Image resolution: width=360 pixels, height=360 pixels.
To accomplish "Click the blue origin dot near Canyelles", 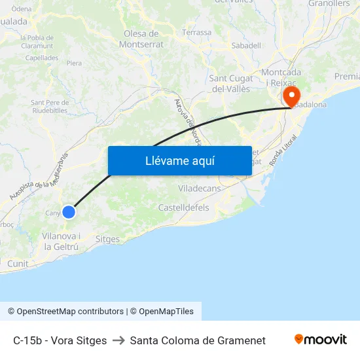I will point(69,212).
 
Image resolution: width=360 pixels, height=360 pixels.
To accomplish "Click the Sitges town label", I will point(107,240).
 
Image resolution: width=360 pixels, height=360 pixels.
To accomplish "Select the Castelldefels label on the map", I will point(183,207).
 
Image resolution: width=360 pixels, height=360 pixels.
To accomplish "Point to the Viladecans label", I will point(200,188).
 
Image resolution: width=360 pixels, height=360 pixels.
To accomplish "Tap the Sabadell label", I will point(246,46).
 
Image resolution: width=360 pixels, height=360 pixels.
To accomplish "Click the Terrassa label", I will point(197,32).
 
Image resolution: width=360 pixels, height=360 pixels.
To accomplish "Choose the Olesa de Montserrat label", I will point(141,39).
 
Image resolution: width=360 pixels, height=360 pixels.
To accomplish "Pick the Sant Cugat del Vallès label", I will point(231,84).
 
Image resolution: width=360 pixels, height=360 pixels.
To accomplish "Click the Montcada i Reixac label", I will point(281,77).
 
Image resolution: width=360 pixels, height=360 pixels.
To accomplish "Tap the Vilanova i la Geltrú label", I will point(62,242).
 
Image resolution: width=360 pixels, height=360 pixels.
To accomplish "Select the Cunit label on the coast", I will point(18,264).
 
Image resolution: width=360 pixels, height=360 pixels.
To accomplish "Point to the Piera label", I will point(74,63).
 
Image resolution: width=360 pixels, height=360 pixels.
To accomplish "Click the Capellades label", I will point(42,57).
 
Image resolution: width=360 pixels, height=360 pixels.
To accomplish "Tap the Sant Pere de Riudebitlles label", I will point(50,107).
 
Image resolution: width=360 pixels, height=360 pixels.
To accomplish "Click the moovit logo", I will point(321,340).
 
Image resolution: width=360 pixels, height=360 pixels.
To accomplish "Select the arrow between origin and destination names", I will point(118,340).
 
